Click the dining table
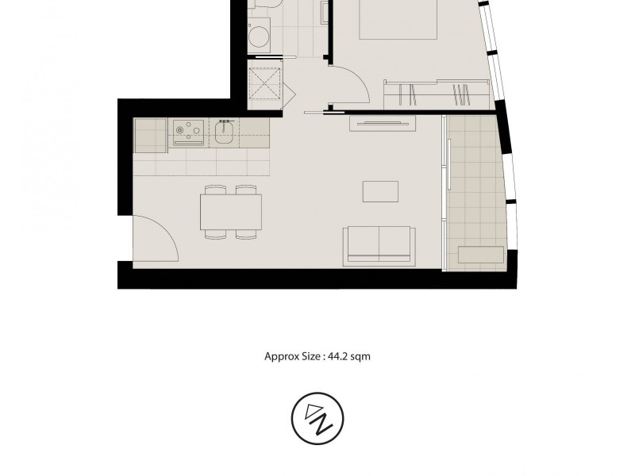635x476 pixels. (231, 212)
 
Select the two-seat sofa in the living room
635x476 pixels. (379, 245)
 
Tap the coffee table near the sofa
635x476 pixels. (380, 192)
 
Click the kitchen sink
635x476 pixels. (224, 134)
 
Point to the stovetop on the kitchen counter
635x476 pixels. (187, 132)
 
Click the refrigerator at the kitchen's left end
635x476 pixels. (148, 135)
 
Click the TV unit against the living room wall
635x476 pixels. (382, 123)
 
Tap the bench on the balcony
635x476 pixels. (479, 255)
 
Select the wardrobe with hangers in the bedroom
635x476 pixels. (435, 94)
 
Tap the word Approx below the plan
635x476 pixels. (279, 357)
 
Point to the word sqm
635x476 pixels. (360, 357)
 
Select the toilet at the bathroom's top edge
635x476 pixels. (263, 6)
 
